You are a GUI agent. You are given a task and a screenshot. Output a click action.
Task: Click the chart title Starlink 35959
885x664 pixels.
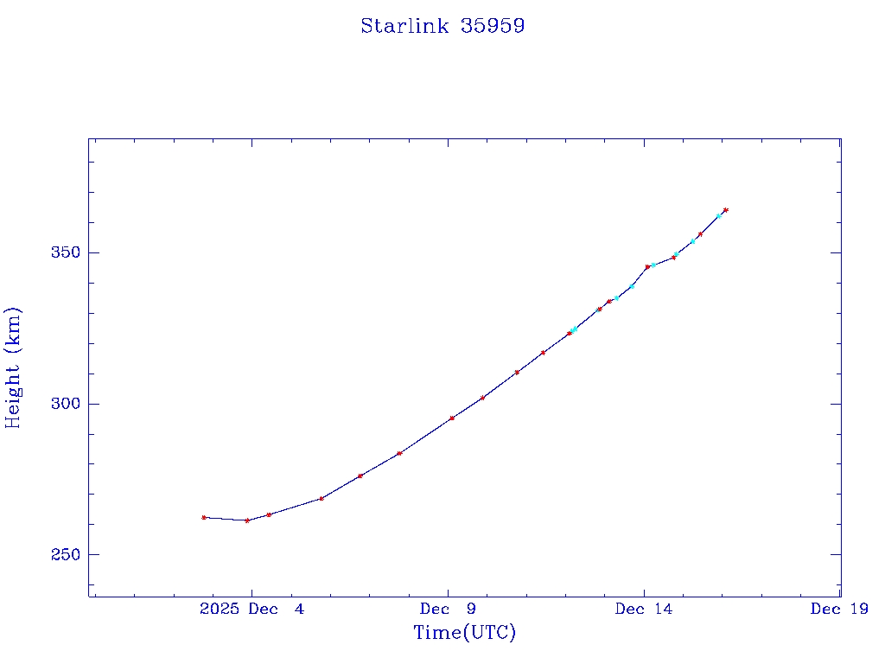442,26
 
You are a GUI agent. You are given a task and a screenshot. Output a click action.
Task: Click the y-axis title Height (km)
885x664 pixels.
14,367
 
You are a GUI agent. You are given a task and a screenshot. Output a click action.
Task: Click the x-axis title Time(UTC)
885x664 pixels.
464,633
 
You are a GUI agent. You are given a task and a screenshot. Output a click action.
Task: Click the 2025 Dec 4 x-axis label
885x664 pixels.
251,610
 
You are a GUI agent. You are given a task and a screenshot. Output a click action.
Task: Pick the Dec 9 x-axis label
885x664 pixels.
449,610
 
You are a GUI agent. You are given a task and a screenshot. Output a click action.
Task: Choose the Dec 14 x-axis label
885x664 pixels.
644,610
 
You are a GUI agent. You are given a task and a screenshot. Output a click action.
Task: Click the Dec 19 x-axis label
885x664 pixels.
839,610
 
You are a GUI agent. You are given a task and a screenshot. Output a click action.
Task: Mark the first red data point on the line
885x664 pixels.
204,517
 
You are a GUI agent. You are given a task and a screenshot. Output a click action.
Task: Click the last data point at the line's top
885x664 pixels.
726,209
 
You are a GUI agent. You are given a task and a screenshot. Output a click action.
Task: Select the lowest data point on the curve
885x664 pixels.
247,520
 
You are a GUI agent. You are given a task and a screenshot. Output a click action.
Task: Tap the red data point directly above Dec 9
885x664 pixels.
452,418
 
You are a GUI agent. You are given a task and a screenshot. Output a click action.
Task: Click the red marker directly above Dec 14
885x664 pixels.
647,267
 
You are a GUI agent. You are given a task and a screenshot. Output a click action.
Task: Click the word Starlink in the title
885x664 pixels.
404,26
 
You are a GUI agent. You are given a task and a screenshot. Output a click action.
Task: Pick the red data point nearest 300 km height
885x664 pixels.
482,398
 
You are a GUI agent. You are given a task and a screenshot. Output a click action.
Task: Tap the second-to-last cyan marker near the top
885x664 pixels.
693,241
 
